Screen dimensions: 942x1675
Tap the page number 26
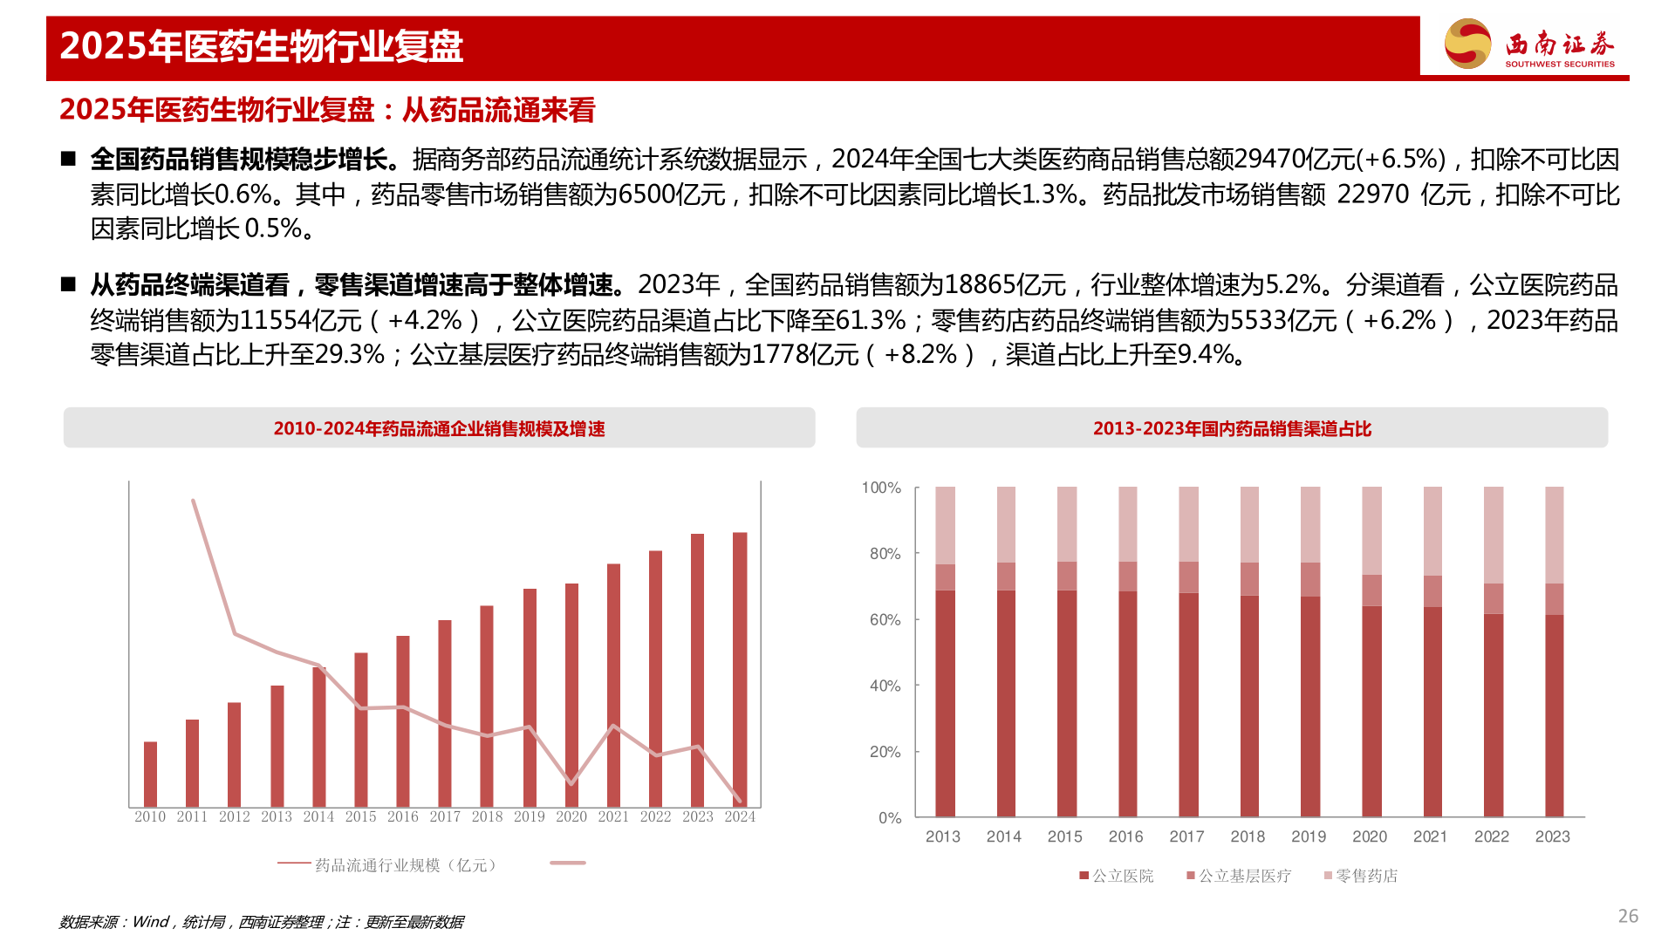coord(1628,916)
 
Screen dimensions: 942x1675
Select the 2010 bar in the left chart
coord(150,774)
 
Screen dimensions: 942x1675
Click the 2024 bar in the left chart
coord(740,669)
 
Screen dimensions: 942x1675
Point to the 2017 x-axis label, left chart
coord(445,817)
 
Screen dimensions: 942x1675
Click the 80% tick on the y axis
coord(885,554)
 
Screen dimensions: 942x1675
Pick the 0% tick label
coord(889,818)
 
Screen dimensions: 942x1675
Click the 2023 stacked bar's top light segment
coord(1554,534)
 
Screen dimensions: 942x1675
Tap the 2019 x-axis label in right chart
coord(1309,836)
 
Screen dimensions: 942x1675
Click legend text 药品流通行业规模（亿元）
coord(406,865)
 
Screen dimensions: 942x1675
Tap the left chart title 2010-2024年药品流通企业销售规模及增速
coord(439,428)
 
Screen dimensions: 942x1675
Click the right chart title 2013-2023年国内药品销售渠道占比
coord(1232,428)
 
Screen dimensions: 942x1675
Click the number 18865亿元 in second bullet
coord(1005,285)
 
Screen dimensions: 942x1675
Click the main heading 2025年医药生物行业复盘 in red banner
coord(261,46)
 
